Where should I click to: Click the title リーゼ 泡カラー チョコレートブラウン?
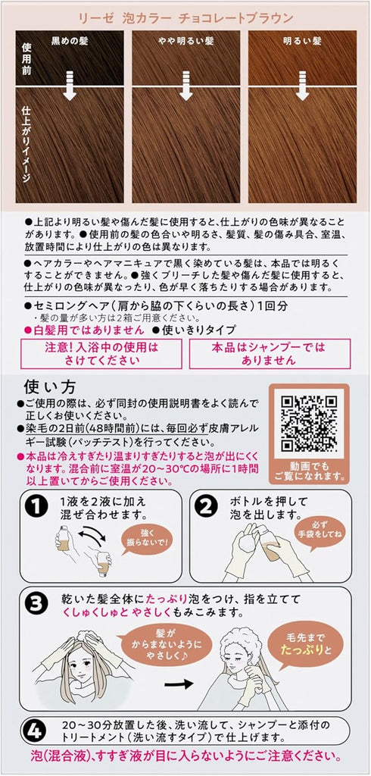click(185, 14)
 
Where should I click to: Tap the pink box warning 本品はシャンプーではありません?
click(270, 354)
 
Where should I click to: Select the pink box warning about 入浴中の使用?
click(100, 354)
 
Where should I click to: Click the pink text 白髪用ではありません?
click(73, 330)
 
